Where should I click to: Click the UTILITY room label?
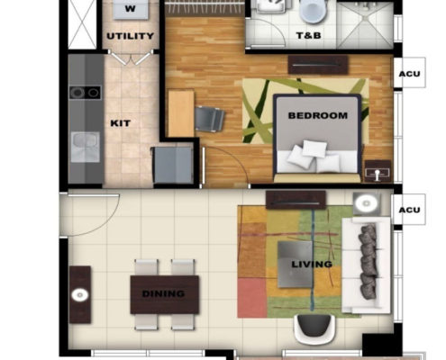point(131,36)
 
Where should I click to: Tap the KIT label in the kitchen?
point(121,123)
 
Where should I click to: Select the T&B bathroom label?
point(308,36)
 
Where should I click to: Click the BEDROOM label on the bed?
point(318,115)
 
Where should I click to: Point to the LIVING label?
point(312,265)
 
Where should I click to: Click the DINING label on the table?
point(163,293)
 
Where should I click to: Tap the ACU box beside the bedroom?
point(409,73)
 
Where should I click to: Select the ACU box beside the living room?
point(409,210)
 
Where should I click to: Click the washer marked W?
point(131,9)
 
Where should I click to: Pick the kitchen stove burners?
point(86,93)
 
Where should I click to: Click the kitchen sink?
point(86,147)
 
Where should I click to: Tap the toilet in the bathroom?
point(314,12)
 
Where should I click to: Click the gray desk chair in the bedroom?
point(209,119)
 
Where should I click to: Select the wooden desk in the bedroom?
point(181,113)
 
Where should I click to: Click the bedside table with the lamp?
point(378,171)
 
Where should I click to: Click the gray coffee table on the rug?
point(296,265)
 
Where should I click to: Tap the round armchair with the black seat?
point(314,328)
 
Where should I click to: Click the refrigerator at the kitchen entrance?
point(172,165)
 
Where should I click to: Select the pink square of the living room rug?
point(252,298)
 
